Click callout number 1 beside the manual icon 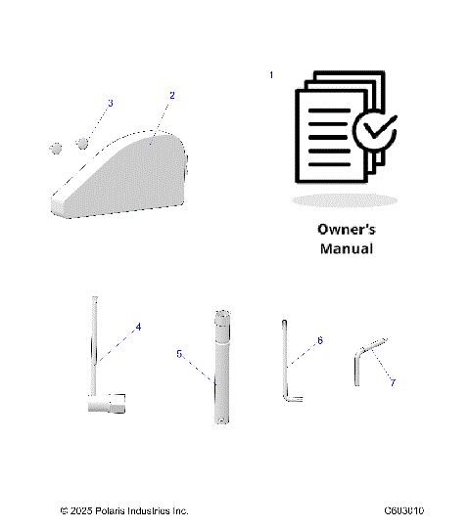click(271, 75)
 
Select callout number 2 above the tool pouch click(172, 96)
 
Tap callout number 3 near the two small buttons click(110, 104)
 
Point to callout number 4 click(138, 326)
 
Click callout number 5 click(179, 353)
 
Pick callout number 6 click(319, 341)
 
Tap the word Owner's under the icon click(346, 229)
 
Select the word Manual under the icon click(346, 249)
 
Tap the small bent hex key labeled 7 click(360, 368)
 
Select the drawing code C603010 click(410, 511)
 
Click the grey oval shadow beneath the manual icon click(345, 199)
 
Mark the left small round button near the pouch click(56, 149)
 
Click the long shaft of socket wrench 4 click(96, 342)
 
